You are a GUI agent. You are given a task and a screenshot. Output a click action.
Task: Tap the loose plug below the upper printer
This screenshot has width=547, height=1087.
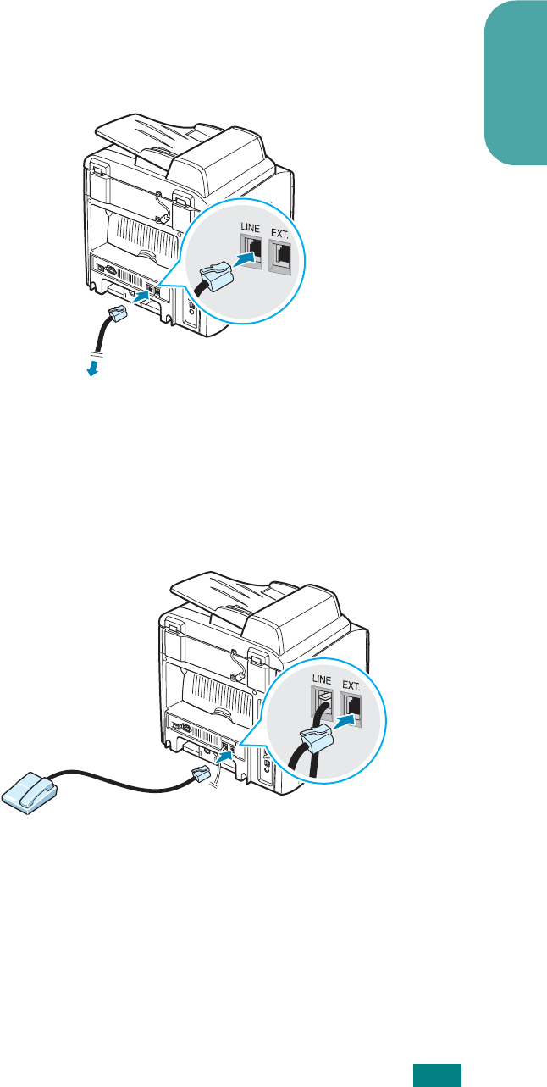coord(117,314)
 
